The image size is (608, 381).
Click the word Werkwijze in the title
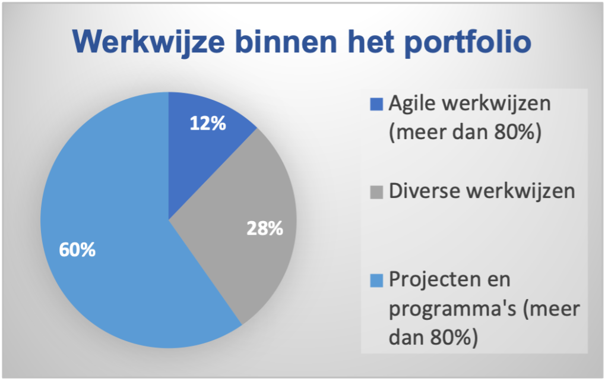pos(148,42)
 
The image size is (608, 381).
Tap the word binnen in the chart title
pos(286,41)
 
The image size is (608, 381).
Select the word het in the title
pos(371,41)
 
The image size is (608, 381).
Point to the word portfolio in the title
pos(468,42)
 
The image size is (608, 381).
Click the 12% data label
pos(208,124)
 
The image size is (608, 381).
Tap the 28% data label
pos(265,228)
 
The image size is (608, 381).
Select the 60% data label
pos(77,250)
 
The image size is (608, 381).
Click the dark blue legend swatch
pos(376,104)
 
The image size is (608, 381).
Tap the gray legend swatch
pos(376,192)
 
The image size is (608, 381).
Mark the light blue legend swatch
pos(376,280)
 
